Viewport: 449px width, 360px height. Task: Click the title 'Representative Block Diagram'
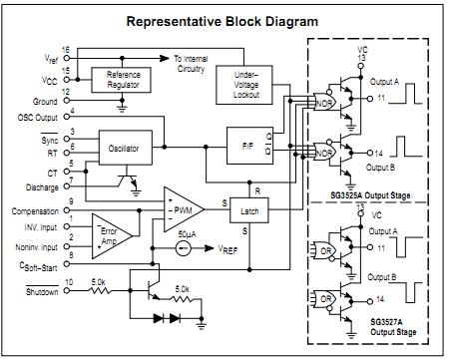[x=224, y=21]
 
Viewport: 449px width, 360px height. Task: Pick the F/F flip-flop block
[x=248, y=146]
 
